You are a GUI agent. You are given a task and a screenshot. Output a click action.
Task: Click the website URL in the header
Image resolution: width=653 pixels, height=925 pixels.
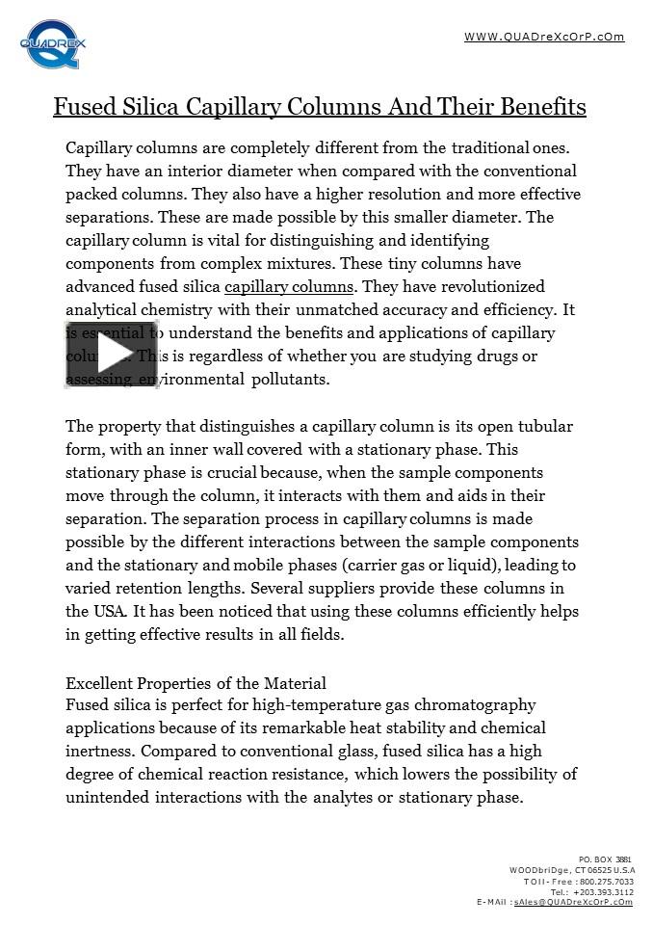(544, 38)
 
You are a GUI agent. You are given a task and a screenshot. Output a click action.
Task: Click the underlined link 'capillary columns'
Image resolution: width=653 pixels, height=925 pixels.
(289, 287)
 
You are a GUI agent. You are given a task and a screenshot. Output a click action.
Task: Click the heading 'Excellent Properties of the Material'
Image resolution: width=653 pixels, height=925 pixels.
(196, 684)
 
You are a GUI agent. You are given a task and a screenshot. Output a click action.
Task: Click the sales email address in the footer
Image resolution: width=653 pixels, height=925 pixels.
(573, 903)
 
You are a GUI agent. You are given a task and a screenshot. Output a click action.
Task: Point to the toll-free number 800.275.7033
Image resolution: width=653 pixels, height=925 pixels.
(606, 882)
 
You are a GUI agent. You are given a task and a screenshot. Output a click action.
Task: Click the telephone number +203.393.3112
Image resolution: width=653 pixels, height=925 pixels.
(603, 892)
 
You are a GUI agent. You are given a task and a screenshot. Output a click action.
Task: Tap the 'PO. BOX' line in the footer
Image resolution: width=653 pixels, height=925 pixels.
(606, 859)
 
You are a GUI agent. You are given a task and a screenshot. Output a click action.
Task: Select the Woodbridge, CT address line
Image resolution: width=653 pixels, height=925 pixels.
(572, 870)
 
